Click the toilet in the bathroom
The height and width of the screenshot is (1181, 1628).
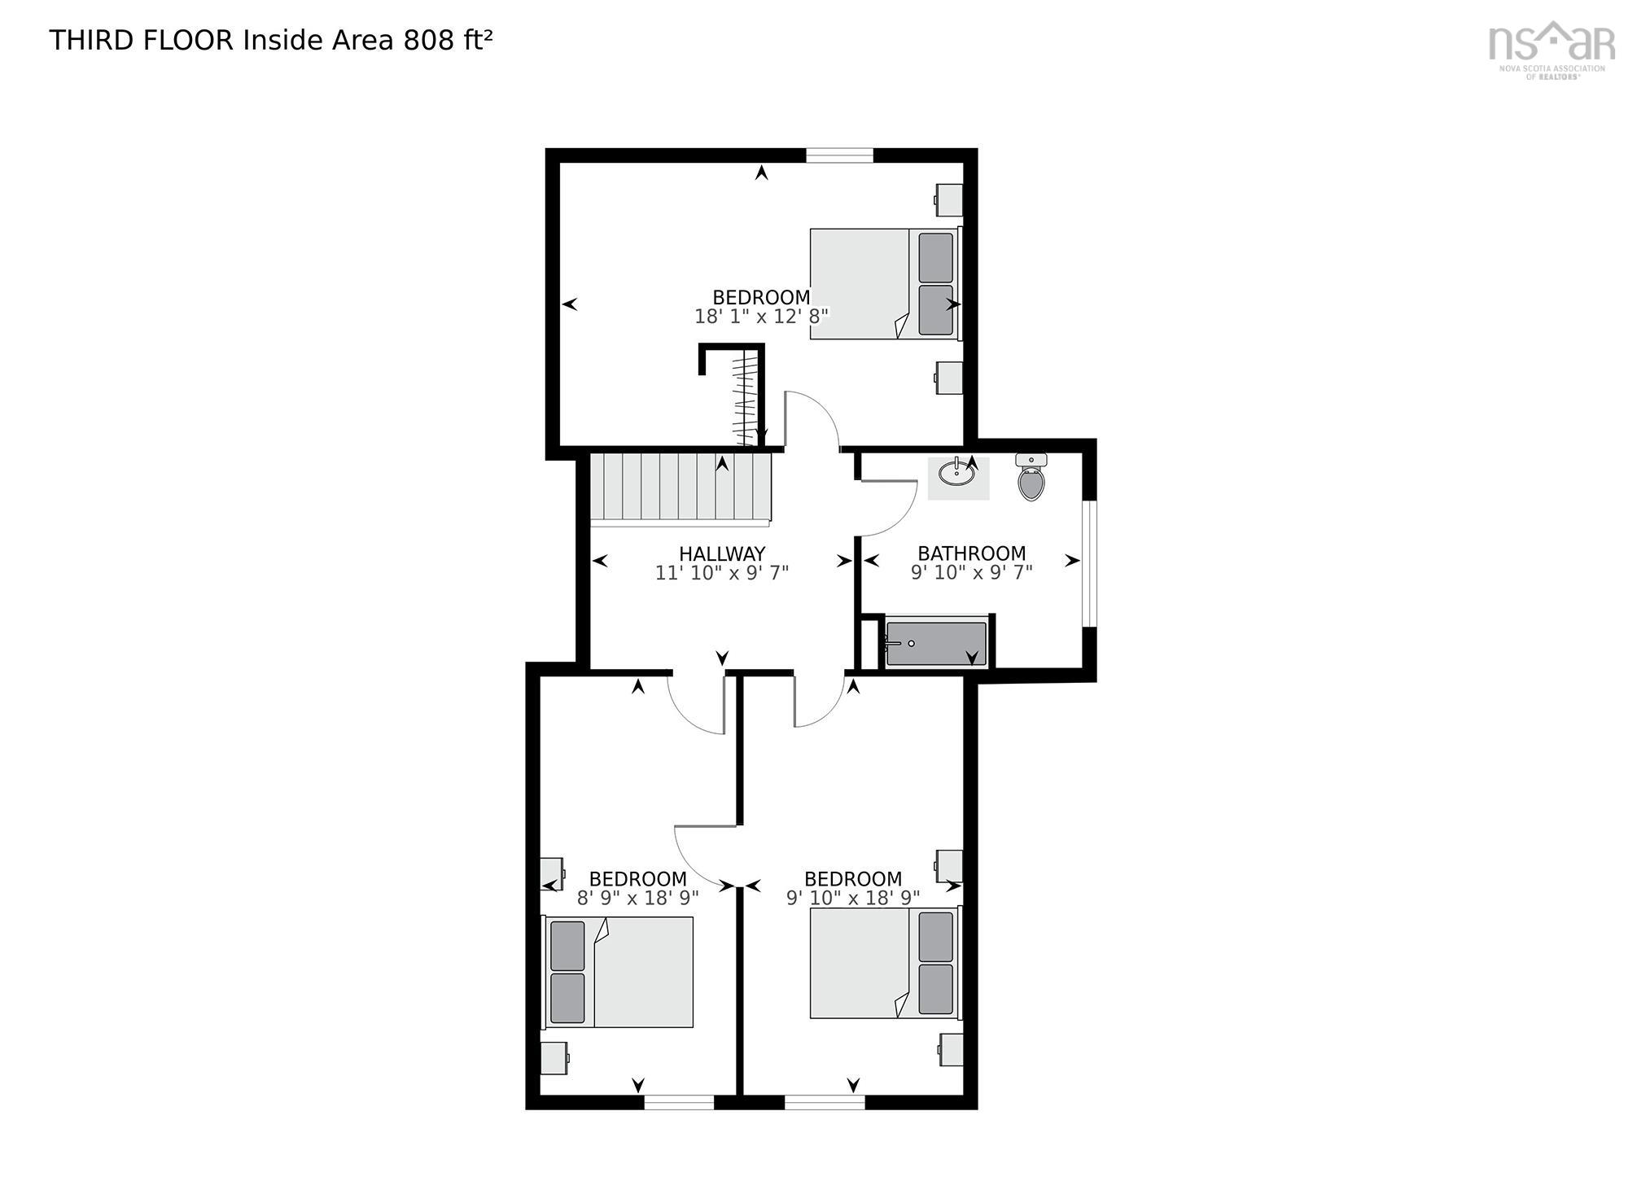(x=1031, y=478)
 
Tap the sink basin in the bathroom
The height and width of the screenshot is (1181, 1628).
(x=953, y=473)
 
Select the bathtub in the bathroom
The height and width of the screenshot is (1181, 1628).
(x=936, y=643)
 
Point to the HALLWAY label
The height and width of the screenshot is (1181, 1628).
(x=722, y=554)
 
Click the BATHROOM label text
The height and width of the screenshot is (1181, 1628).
(x=972, y=554)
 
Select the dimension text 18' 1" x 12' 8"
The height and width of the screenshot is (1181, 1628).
(x=761, y=317)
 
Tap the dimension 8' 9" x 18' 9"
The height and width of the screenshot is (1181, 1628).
(x=638, y=898)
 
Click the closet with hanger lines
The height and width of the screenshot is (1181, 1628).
(x=744, y=396)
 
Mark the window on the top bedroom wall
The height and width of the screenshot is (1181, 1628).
(x=839, y=155)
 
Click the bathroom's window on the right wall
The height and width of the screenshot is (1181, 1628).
(x=1089, y=564)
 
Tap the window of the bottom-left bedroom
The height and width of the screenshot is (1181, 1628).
(x=679, y=1102)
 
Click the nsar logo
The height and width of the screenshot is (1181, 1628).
(x=1551, y=49)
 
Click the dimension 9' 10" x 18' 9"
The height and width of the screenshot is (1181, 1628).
(x=853, y=898)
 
